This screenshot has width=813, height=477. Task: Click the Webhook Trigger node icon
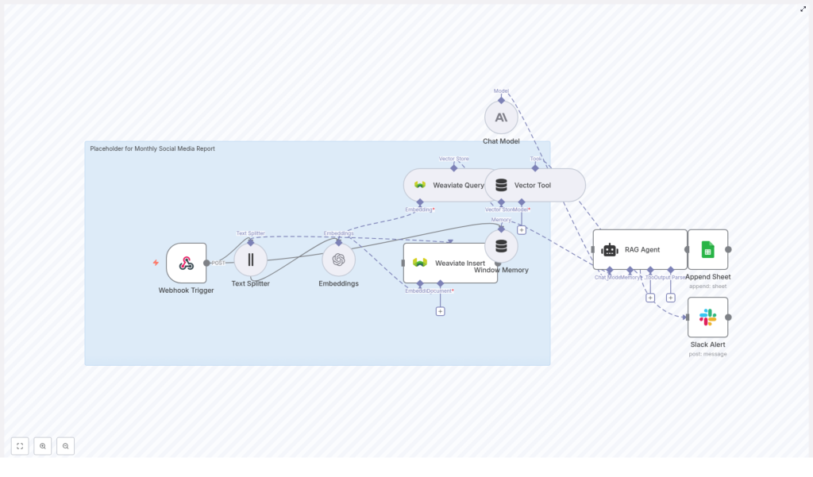tap(186, 263)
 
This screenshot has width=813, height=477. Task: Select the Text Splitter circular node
tap(250, 260)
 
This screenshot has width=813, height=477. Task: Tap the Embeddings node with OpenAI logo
tap(338, 260)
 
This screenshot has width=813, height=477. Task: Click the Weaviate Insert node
tap(449, 263)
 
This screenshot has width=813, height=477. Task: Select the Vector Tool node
tap(535, 185)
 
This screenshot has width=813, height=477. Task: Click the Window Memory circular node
tap(501, 246)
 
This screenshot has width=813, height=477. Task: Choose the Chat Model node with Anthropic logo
tap(501, 117)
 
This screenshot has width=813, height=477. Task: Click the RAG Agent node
tap(640, 249)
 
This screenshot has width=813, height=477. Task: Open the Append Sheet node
tap(707, 249)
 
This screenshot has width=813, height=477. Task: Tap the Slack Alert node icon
tap(707, 317)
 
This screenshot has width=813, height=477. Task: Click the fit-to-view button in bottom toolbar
tap(20, 446)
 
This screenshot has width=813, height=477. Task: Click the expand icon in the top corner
tap(803, 10)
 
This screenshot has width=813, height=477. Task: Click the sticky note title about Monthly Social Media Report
tap(152, 148)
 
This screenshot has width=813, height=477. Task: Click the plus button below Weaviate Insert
tap(440, 311)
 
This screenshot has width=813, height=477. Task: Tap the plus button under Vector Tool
tap(522, 229)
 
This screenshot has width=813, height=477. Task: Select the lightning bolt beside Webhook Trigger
tap(156, 263)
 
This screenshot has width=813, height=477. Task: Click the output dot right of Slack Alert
tap(728, 317)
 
